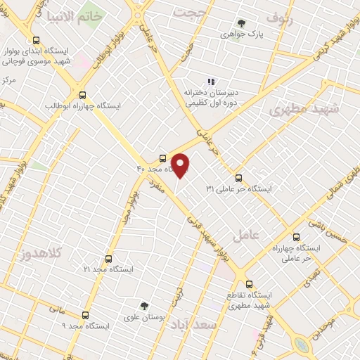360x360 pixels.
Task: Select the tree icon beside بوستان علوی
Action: (144, 305)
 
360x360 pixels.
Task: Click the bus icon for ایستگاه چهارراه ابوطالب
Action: (83, 94)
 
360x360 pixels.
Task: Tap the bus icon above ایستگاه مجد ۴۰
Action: (163, 157)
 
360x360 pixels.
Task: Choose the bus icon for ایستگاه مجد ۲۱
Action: (108, 258)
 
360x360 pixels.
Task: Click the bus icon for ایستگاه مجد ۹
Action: (86, 314)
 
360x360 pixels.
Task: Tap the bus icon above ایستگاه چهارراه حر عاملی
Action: (295, 237)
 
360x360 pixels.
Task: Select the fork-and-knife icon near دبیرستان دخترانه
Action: (211, 82)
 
